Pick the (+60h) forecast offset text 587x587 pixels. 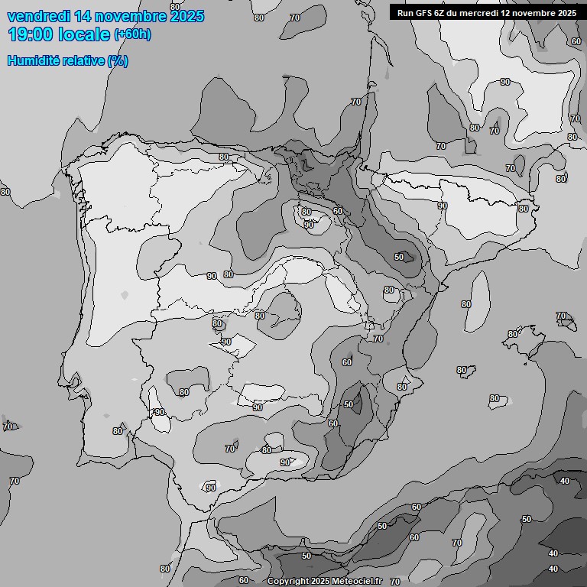132,34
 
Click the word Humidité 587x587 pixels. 33,60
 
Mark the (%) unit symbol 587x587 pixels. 118,60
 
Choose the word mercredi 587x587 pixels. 483,13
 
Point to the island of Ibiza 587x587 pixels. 462,370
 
